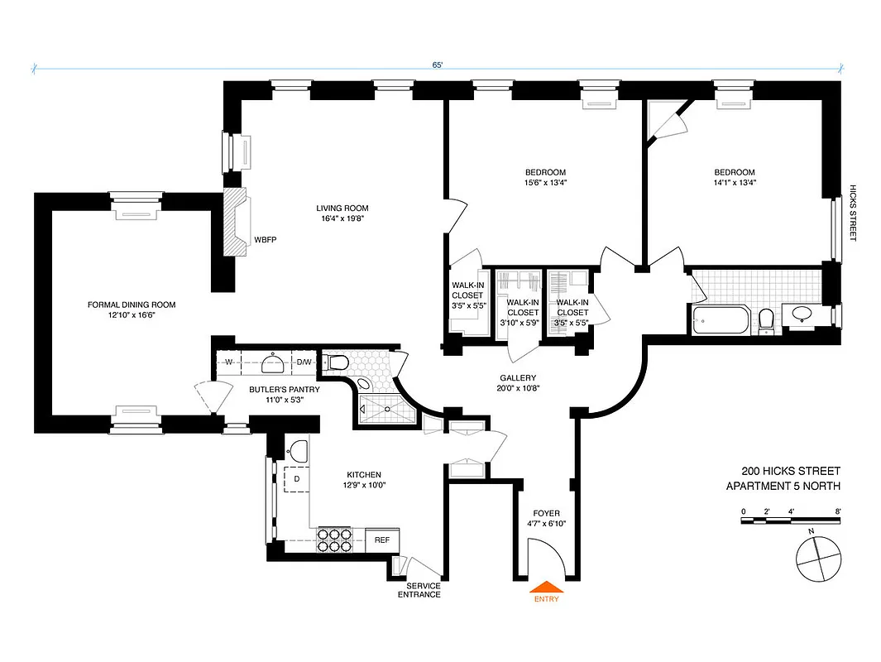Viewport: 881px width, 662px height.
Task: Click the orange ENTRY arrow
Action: point(546,588)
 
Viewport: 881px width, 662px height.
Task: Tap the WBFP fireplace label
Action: point(266,240)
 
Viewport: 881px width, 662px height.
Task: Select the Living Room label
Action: point(342,208)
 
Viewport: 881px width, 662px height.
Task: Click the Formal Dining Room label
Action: point(132,305)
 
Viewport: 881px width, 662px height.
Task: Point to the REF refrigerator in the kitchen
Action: point(381,540)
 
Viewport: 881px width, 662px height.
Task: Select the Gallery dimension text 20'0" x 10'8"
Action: point(519,388)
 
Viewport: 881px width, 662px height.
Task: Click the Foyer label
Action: point(546,512)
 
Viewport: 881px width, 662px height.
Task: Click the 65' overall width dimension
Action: point(437,64)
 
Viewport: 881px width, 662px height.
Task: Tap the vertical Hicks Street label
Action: point(853,213)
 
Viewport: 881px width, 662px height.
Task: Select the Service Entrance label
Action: point(419,590)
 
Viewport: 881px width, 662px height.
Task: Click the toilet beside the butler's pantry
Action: point(336,362)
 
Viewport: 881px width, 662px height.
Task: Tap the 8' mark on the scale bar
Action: point(839,511)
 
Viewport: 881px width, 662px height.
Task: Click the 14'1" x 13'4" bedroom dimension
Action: point(735,183)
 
